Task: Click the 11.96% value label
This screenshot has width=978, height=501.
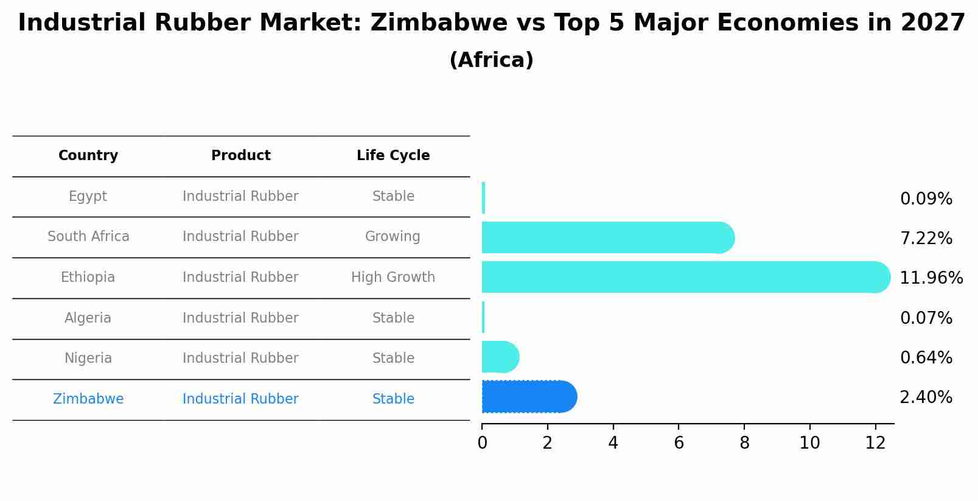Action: click(931, 278)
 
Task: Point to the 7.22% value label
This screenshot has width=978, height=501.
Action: click(926, 239)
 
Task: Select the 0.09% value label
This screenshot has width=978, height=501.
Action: click(926, 199)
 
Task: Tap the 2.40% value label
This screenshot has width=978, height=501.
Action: click(926, 398)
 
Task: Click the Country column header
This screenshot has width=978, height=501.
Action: click(88, 156)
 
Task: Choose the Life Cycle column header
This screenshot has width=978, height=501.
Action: click(393, 156)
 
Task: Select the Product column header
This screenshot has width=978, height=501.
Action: click(240, 156)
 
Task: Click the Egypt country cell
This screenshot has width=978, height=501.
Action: click(88, 197)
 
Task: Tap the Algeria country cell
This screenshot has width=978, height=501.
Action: click(88, 318)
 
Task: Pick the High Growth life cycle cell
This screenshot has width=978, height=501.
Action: click(393, 278)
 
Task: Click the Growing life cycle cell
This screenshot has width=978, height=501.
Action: click(393, 237)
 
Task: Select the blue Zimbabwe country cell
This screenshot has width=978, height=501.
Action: click(88, 399)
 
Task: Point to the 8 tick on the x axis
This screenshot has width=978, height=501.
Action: click(744, 443)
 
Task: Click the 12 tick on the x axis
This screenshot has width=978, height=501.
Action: click(875, 443)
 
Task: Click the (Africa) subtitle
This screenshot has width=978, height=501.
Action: click(491, 60)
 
